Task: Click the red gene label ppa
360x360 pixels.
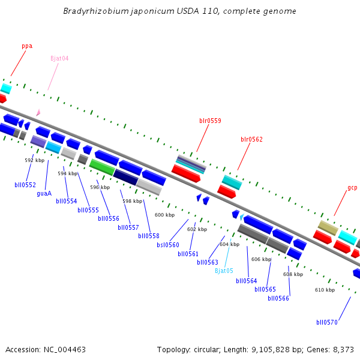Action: pos(27,46)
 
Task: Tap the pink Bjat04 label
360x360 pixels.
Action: pos(59,58)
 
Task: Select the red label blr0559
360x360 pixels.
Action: pos(210,121)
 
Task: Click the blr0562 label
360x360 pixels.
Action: pos(251,139)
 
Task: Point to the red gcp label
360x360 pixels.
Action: pos(352,188)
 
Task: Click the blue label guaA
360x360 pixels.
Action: pos(44,193)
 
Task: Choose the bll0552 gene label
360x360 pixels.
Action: pos(25,185)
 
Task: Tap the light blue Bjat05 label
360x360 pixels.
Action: pos(224,271)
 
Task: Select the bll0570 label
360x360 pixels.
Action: pos(327,322)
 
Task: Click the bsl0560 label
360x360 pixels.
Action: pos(168,245)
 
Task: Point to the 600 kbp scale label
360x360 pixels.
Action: pos(164,215)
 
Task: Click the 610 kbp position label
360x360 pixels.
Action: pos(325,290)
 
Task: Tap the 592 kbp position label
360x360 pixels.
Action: pos(34,160)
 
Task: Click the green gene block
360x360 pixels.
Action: pos(101,167)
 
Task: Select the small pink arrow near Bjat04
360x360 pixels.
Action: pos(38,112)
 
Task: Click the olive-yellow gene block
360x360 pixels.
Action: pos(328,227)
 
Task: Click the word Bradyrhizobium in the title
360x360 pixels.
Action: pos(92,11)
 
